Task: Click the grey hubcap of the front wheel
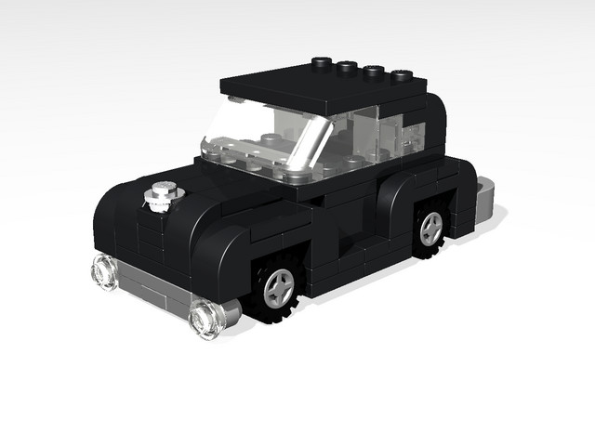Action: coord(277,288)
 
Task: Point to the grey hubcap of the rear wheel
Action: coord(430,229)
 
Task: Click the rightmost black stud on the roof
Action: coord(402,73)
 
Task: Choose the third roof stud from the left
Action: coord(375,70)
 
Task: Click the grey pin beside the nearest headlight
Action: coord(228,309)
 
